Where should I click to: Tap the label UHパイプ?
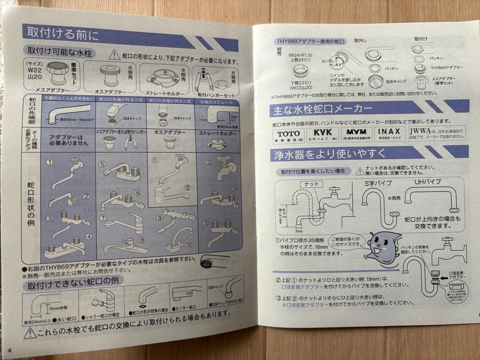click(428, 182)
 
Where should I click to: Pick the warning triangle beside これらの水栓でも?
click(30, 332)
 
